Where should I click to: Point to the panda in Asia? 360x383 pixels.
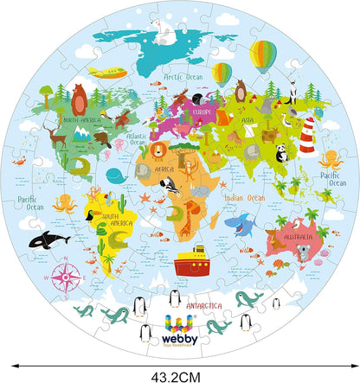[x=282, y=153]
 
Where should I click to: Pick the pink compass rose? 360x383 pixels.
[x=64, y=278]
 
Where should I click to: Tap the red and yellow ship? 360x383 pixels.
[x=192, y=260]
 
